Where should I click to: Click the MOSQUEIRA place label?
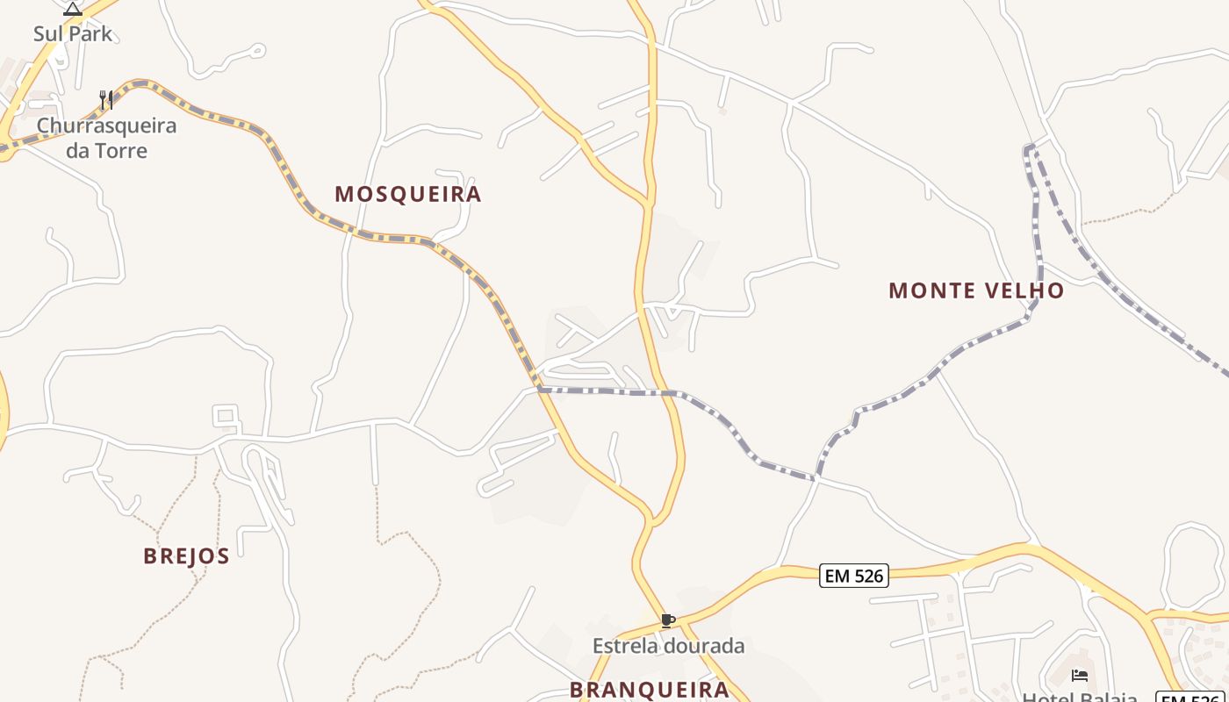(408, 194)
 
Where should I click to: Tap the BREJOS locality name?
(187, 556)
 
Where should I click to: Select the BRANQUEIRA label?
(650, 690)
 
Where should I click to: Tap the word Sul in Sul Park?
(48, 34)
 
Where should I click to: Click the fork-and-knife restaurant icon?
(106, 100)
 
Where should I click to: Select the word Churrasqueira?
(106, 125)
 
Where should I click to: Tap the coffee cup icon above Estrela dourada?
(668, 621)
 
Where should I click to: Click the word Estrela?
(626, 647)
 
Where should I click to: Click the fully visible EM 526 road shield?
(853, 576)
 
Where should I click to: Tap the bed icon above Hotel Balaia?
(1080, 675)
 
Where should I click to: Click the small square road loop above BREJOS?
(226, 415)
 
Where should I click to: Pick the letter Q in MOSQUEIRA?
(397, 194)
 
